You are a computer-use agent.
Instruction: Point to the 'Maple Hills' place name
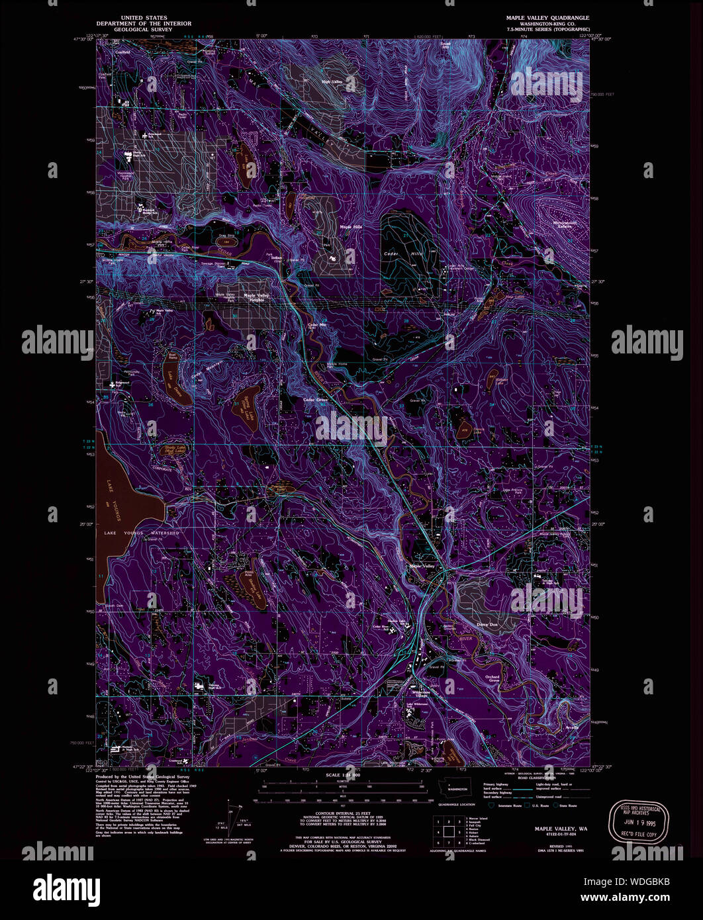tap(351, 226)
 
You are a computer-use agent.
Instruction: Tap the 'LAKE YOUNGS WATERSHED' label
tap(141, 533)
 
